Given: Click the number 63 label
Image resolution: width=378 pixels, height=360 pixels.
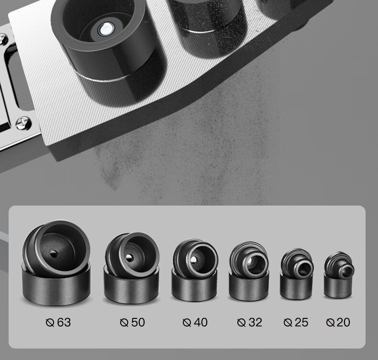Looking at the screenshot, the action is click(x=64, y=322).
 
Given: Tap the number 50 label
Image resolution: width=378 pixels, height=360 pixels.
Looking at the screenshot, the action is click(x=138, y=322).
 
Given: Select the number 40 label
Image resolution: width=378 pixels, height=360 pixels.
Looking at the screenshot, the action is click(x=201, y=322).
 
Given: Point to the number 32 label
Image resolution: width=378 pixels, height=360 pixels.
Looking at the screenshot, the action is click(x=256, y=322).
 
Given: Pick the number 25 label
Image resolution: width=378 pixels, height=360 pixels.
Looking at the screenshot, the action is click(x=301, y=322).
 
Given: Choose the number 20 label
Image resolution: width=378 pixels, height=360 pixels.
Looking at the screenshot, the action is click(x=343, y=322).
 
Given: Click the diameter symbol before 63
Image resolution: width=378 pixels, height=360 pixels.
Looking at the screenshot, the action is click(x=50, y=323).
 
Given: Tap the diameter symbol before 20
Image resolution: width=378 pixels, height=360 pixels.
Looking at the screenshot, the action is click(x=330, y=323).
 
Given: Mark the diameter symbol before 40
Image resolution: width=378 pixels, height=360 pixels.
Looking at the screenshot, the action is click(x=187, y=323).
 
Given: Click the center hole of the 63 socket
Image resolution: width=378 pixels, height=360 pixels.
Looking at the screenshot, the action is click(x=54, y=253).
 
